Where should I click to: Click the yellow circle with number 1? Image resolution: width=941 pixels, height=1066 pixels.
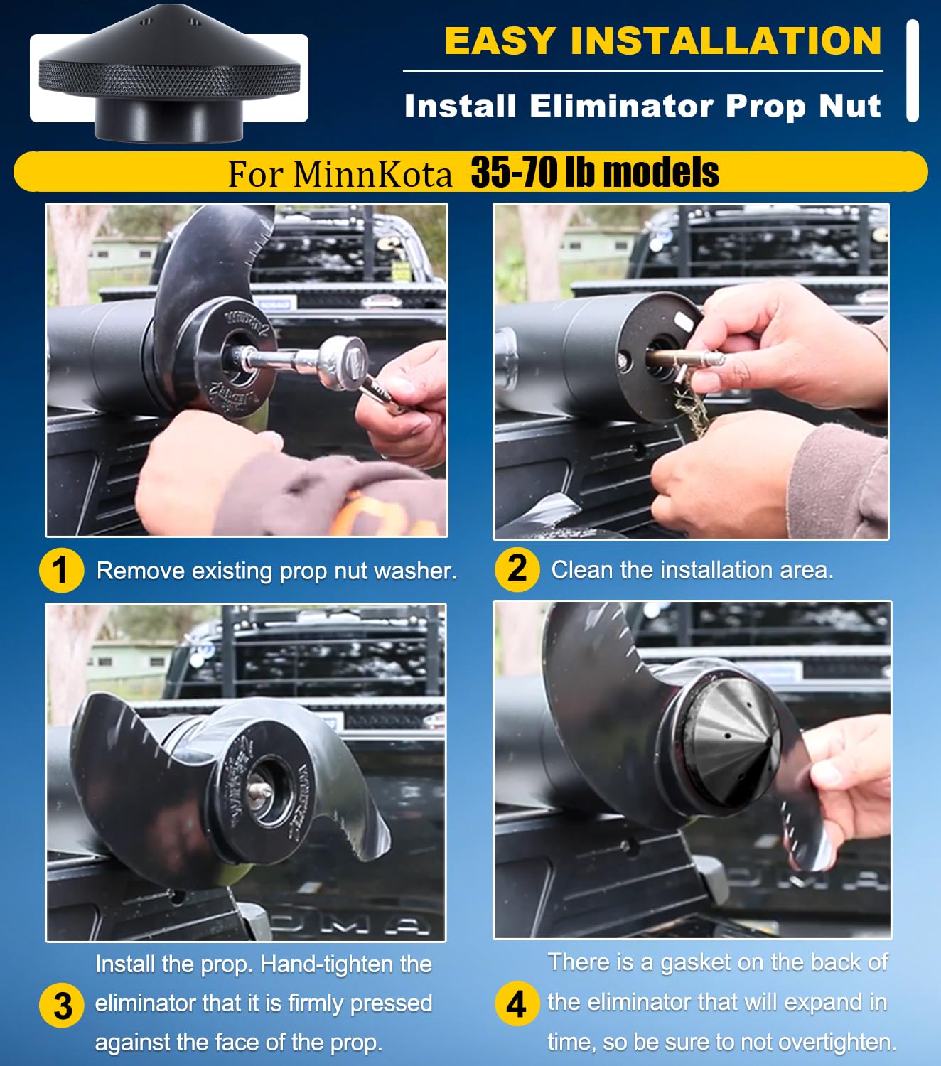coord(62,571)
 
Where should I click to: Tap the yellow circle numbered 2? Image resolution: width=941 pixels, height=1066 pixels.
coord(517,569)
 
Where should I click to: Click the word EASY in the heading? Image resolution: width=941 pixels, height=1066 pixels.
coord(500,41)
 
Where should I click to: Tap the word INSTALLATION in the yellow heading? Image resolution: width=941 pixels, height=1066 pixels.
coord(726,41)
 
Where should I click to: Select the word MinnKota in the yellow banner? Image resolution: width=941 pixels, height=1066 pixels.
coord(372,174)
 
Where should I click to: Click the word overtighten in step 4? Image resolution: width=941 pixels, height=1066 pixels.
coord(837,1042)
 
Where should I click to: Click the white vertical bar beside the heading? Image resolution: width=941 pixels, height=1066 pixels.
coord(913,71)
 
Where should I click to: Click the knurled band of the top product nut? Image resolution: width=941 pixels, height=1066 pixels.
coord(169,79)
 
